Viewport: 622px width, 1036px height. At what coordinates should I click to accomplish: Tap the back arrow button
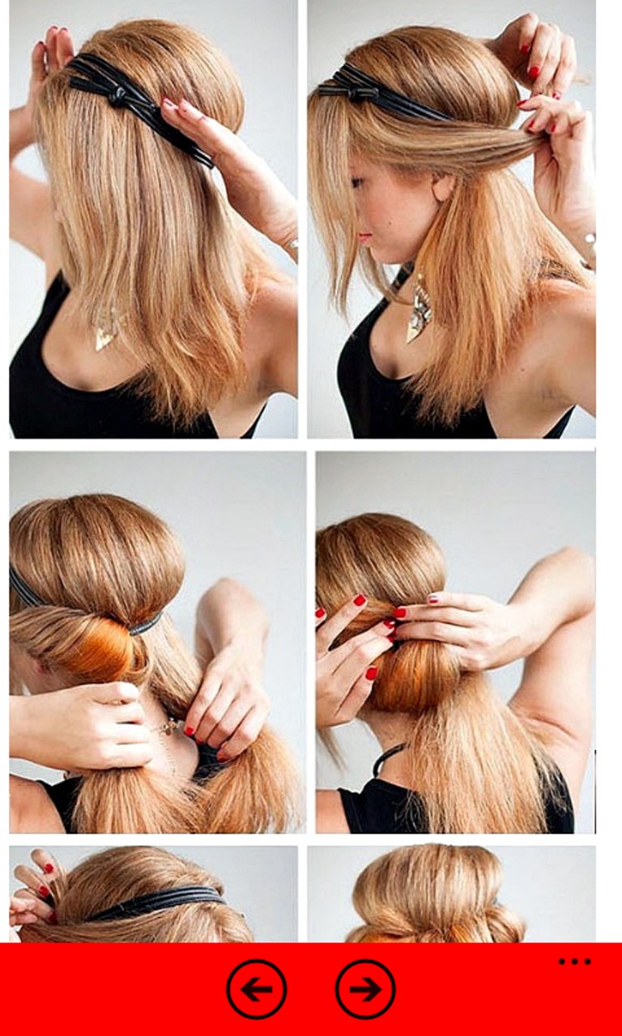[256, 988]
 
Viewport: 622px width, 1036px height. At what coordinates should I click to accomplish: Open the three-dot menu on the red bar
[574, 962]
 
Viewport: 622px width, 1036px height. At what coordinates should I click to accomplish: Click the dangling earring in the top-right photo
[420, 307]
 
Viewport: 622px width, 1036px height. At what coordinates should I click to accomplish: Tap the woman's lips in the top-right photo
[365, 237]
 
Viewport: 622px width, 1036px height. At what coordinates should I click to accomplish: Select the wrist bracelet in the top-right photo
[589, 240]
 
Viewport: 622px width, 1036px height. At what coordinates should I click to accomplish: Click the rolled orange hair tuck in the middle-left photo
[101, 647]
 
